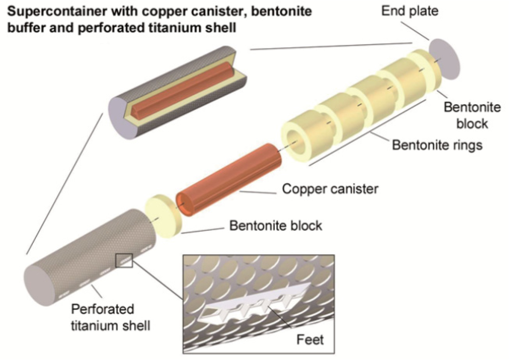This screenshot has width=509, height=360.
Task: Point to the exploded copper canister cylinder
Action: [x=229, y=180]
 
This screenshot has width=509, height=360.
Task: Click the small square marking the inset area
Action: [x=124, y=261]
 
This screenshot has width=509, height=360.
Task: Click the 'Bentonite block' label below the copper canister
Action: [x=276, y=225]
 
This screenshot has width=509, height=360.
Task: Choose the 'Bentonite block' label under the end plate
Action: [x=466, y=115]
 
